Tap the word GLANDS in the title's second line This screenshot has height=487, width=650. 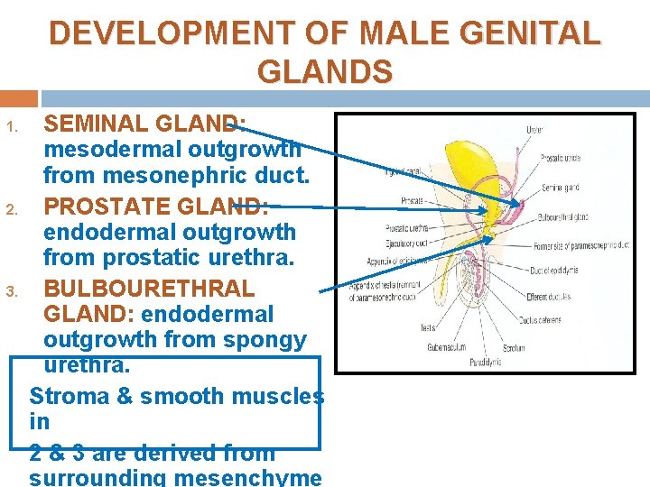tap(325, 71)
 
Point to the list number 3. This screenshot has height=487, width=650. tap(12, 291)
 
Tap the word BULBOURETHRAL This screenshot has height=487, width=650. tap(149, 289)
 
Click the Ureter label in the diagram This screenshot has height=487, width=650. tap(535, 130)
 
